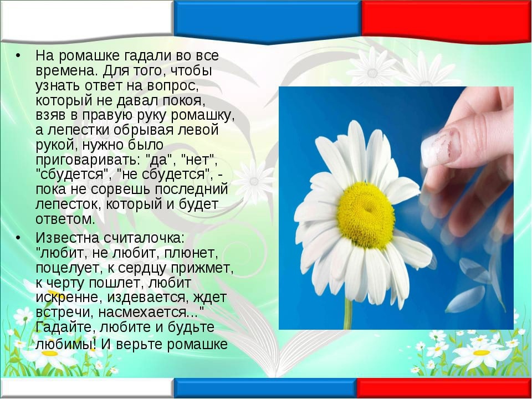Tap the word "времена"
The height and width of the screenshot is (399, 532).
[64, 71]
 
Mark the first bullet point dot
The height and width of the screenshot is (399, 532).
[18, 55]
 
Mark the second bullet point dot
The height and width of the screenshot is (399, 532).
[18, 238]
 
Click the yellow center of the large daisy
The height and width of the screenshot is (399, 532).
[366, 215]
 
